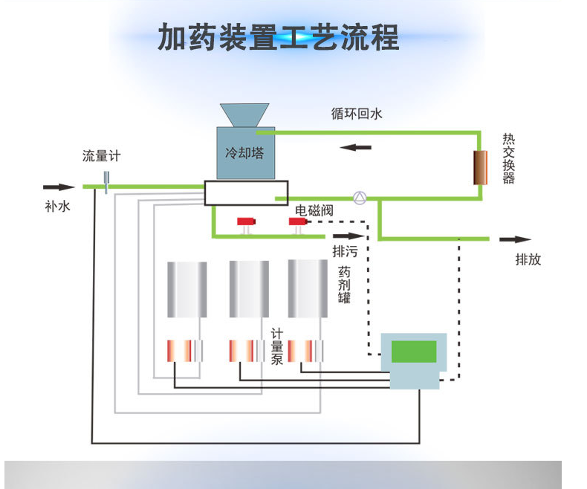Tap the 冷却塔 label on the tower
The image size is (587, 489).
[244, 154]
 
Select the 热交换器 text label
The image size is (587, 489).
[508, 158]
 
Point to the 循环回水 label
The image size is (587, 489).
[357, 114]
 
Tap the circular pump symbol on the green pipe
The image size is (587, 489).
[360, 198]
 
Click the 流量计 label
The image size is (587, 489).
[100, 156]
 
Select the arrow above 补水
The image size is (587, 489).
[59, 187]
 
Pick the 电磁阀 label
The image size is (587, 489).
[314, 211]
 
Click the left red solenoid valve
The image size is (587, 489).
[245, 222]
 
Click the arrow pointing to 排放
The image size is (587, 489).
[516, 239]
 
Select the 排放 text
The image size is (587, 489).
[528, 260]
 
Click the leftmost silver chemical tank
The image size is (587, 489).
[187, 289]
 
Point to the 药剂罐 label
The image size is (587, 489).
[343, 285]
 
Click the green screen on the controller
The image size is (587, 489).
[414, 352]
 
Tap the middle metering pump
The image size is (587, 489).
[244, 350]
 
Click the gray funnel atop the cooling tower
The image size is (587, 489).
[244, 116]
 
